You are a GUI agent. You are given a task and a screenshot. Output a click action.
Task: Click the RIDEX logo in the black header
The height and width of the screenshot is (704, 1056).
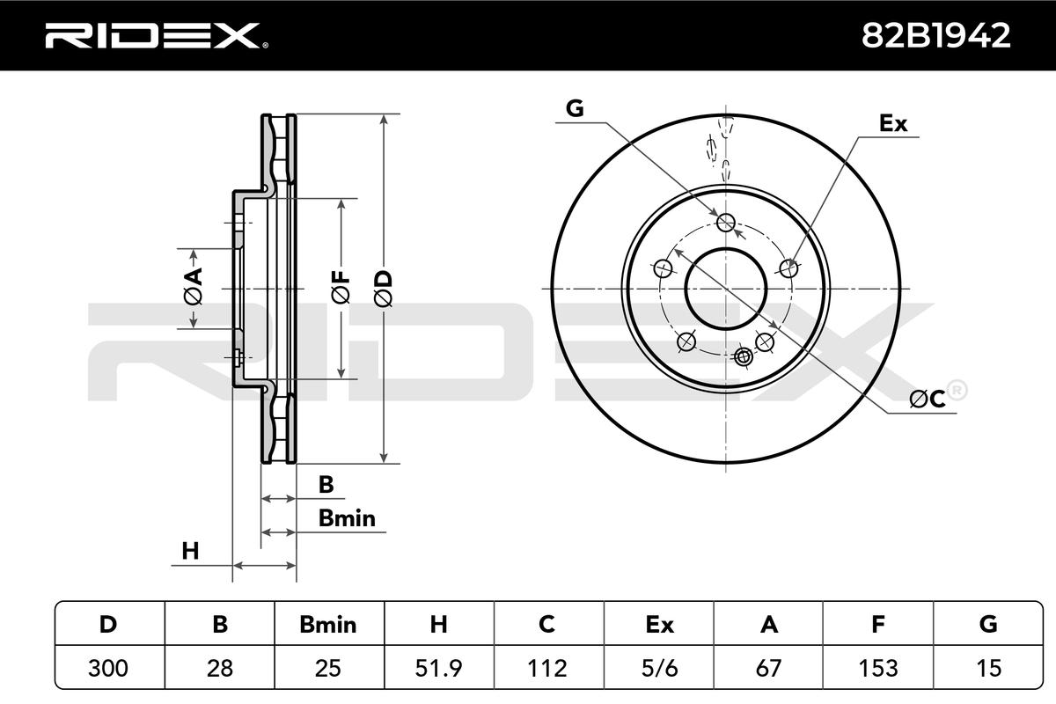pyautogui.click(x=157, y=36)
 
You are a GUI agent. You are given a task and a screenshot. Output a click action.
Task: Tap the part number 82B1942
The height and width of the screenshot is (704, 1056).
pyautogui.click(x=936, y=36)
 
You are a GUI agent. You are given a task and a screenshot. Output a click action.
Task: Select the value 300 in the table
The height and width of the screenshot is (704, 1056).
pyautogui.click(x=108, y=668)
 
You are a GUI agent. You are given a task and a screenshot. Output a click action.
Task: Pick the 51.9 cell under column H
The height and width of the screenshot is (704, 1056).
pyautogui.click(x=438, y=668)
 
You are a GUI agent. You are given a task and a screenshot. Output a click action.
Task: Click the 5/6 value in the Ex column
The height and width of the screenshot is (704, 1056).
pyautogui.click(x=659, y=668)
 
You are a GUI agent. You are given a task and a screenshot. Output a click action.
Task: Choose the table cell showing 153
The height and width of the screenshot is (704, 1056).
pyautogui.click(x=878, y=668)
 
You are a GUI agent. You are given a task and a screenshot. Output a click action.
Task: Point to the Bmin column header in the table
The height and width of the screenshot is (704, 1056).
pyautogui.click(x=328, y=625)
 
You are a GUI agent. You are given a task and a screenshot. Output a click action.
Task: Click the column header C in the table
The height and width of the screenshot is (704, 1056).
pyautogui.click(x=546, y=624)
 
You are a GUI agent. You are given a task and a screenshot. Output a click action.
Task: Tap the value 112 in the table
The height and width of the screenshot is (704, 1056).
pyautogui.click(x=546, y=668)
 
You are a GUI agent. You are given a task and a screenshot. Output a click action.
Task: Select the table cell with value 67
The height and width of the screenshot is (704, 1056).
pyautogui.click(x=768, y=668)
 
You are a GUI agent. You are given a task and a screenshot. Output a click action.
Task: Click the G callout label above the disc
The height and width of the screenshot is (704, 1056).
pyautogui.click(x=575, y=108)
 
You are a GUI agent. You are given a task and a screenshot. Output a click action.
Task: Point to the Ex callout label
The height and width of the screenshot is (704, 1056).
pyautogui.click(x=893, y=123)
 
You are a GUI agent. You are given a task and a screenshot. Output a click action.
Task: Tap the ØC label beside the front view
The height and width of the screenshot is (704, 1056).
pyautogui.click(x=928, y=400)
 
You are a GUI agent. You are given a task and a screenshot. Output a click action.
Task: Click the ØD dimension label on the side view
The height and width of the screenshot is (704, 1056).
pyautogui.click(x=384, y=289)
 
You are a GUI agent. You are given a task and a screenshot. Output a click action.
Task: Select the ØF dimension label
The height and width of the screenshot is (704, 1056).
pyautogui.click(x=341, y=287)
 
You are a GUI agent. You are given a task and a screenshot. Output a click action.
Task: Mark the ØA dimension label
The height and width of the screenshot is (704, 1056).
pyautogui.click(x=194, y=286)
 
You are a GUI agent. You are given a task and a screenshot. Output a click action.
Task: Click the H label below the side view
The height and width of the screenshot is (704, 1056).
pyautogui.click(x=190, y=551)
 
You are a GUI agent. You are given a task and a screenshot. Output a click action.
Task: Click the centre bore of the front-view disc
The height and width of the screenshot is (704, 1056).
pyautogui.click(x=726, y=289)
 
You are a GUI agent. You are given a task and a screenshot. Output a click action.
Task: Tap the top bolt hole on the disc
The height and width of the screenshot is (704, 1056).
pyautogui.click(x=726, y=222)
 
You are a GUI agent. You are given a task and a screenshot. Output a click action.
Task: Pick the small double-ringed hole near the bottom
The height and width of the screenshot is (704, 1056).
pyautogui.click(x=744, y=356)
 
